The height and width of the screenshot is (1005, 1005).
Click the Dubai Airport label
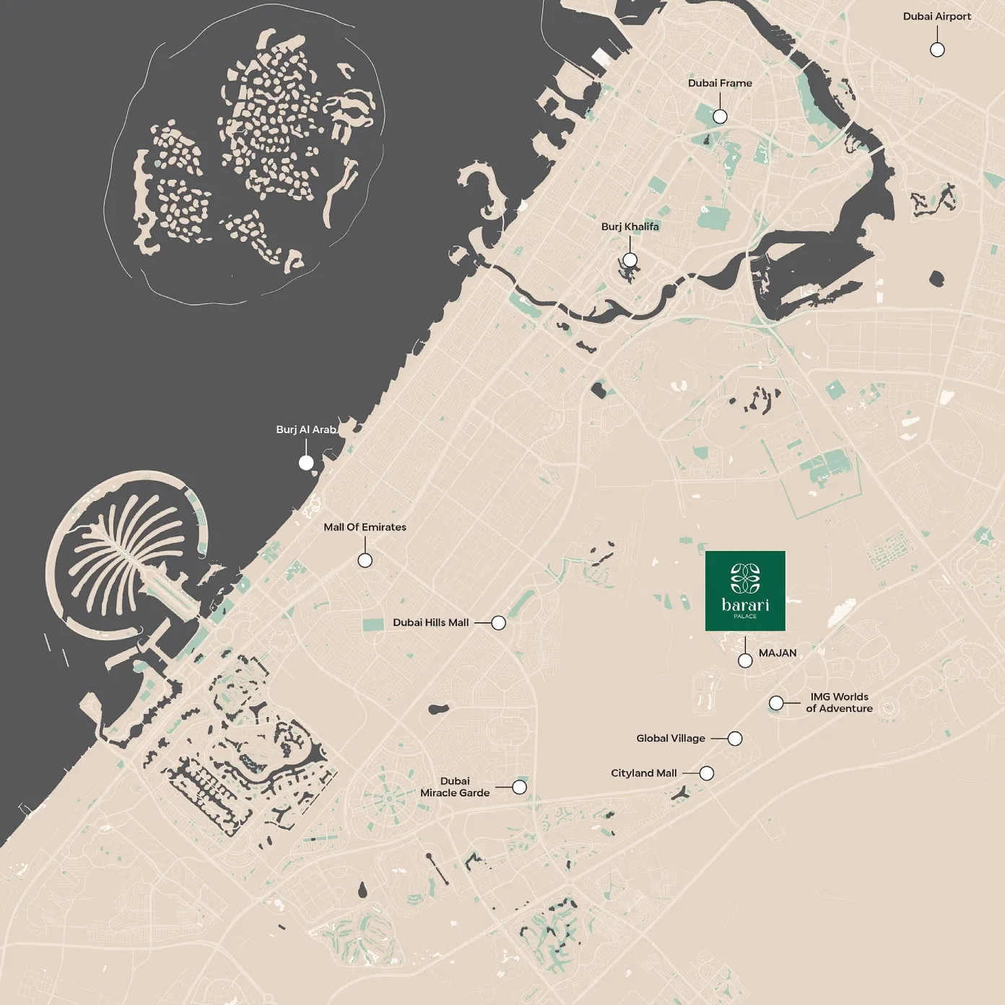point(936,17)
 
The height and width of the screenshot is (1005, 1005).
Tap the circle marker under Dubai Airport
point(936,50)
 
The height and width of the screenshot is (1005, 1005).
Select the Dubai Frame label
point(719,83)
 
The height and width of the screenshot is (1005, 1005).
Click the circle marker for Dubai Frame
point(720,116)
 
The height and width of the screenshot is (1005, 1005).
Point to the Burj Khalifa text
point(630,227)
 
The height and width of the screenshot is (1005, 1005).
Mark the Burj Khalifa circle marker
point(630,260)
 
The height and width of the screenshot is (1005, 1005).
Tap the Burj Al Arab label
point(306,430)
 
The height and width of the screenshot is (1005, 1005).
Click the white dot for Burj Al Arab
point(306,463)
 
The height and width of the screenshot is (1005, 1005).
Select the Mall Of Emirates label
point(365,527)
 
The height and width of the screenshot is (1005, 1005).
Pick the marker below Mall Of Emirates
point(365,560)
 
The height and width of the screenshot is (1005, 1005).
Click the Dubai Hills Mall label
point(430,622)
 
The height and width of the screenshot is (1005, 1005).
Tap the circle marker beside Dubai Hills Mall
point(498,623)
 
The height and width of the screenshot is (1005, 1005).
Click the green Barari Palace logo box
point(744,591)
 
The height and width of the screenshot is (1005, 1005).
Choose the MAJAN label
point(778,653)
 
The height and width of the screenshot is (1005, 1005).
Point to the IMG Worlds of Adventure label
point(839,702)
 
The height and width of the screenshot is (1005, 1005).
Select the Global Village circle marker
point(734,739)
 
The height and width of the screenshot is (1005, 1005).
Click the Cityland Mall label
point(643,773)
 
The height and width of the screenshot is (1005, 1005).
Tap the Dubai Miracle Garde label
point(455,787)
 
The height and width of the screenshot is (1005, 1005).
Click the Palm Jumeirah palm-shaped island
point(123,556)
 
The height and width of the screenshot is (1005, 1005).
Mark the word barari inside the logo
point(744,604)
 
